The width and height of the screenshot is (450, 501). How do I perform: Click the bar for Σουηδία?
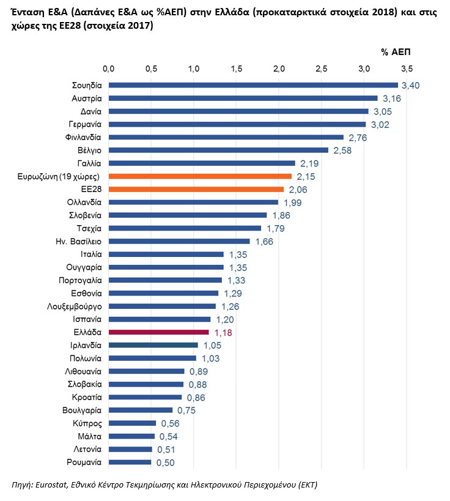[x=253, y=85]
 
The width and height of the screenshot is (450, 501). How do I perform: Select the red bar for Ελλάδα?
[x=159, y=332]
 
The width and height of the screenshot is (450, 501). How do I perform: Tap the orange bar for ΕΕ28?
[x=196, y=189]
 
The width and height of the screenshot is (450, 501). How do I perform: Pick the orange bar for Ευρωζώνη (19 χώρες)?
[x=200, y=176]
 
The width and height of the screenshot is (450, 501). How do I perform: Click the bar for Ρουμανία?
[x=130, y=462]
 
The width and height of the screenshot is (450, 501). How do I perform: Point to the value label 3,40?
[x=410, y=86]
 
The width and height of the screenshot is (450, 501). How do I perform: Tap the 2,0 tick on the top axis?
[x=279, y=67]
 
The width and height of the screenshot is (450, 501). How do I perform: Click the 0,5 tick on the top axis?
[x=151, y=67]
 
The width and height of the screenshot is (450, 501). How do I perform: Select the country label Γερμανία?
[x=84, y=124]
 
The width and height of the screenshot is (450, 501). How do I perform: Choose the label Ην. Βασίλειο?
[x=78, y=241]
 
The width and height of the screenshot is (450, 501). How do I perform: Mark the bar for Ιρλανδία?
[x=153, y=345]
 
